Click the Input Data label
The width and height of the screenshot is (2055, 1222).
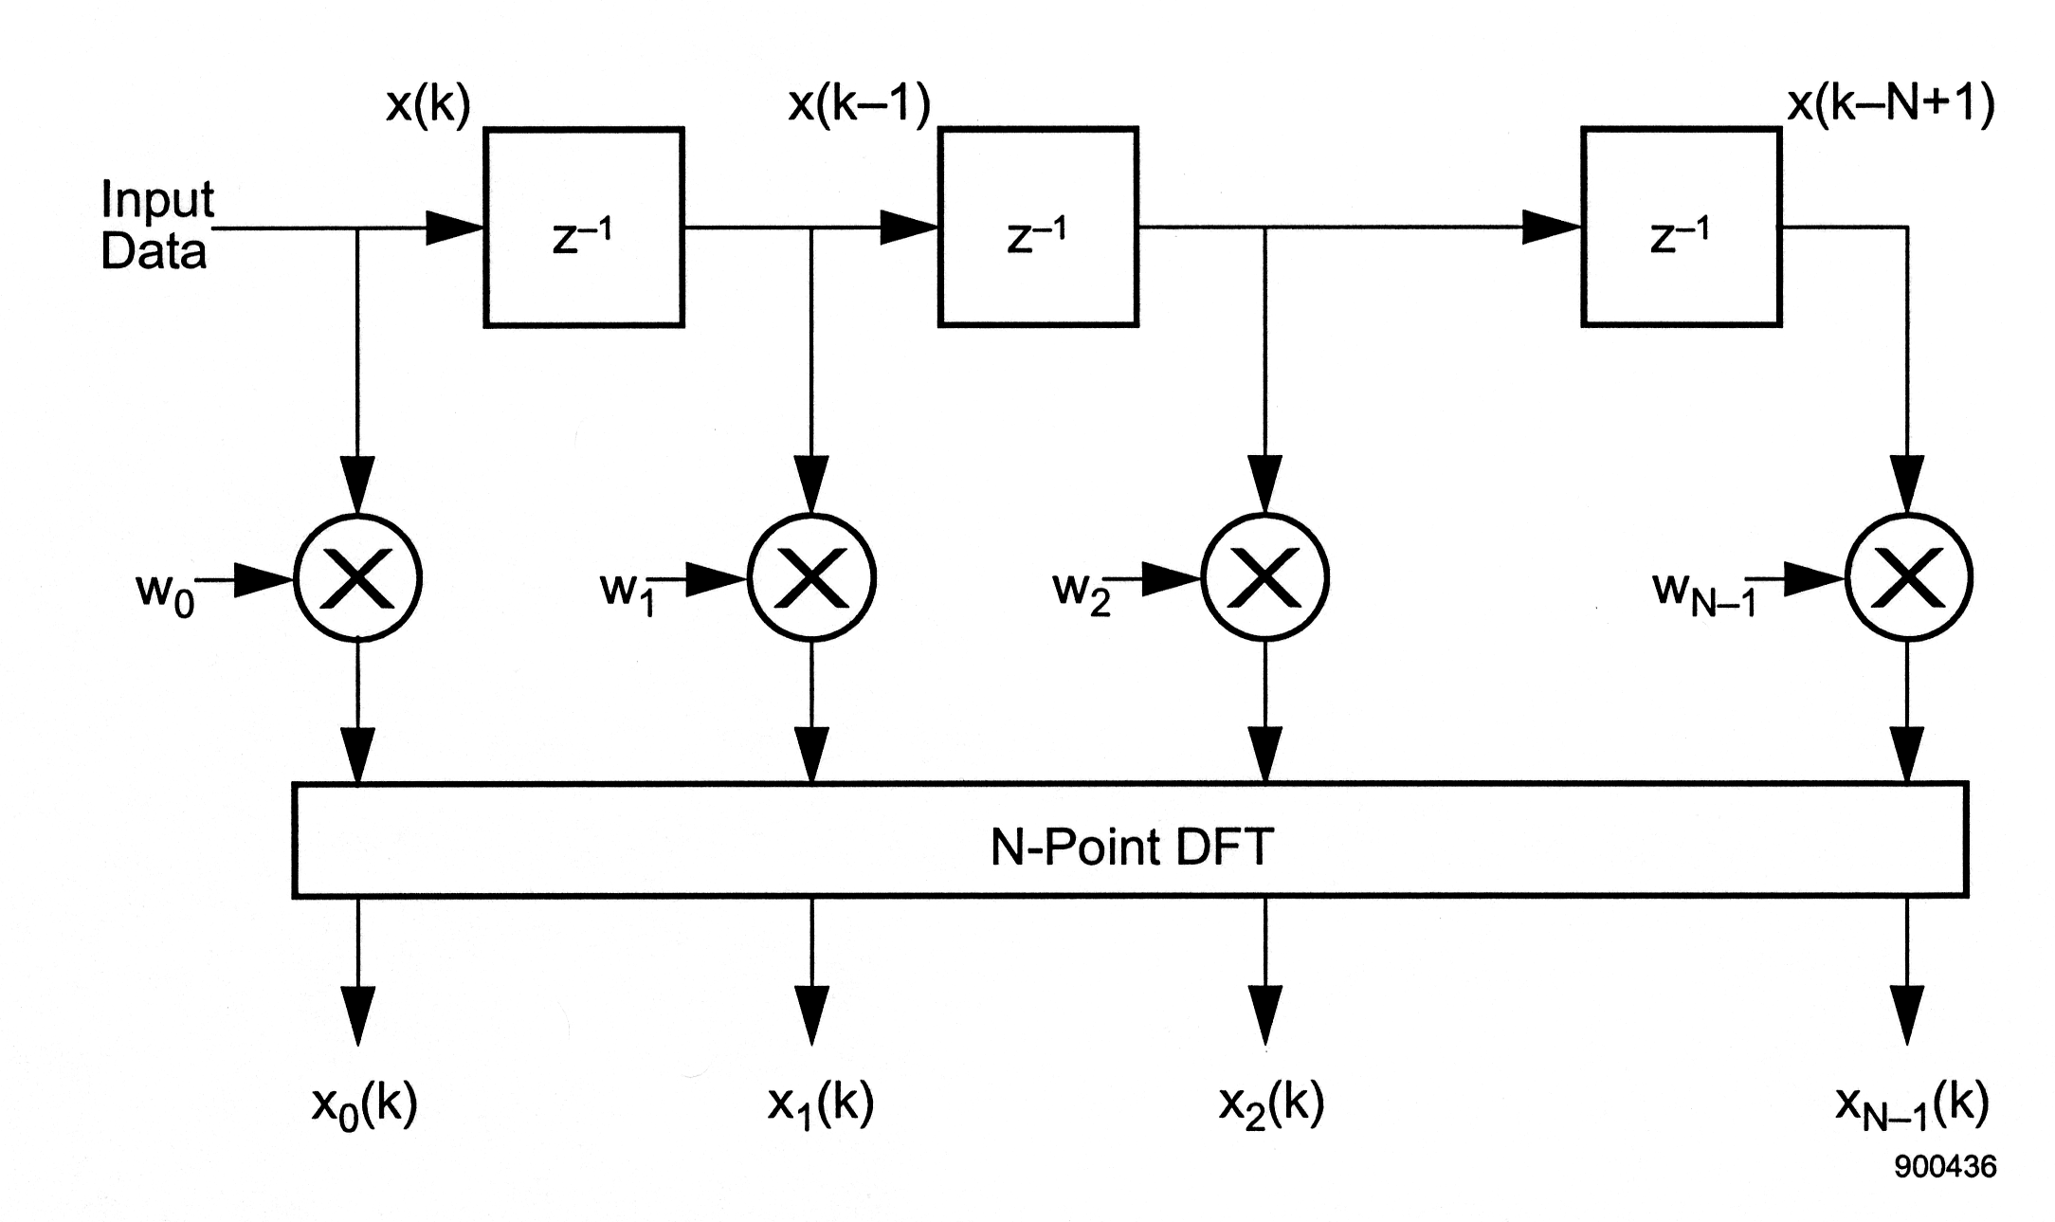[157, 226]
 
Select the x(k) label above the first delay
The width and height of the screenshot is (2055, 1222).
[428, 104]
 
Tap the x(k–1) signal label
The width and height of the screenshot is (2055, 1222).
[859, 104]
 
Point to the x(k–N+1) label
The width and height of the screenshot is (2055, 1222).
[1891, 104]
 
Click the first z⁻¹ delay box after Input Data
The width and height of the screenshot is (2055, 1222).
[584, 228]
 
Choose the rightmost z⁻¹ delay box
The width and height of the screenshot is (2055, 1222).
[1681, 228]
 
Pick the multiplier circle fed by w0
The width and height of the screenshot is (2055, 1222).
[357, 577]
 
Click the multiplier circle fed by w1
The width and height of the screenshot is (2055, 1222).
[811, 577]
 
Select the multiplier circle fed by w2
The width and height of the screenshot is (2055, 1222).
[1264, 577]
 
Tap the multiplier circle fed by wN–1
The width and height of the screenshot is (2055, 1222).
[1908, 577]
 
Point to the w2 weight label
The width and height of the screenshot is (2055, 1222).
[1081, 593]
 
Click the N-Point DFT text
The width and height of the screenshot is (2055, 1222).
[1131, 847]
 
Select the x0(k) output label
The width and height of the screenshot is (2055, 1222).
[364, 1105]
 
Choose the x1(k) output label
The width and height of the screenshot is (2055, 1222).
[820, 1105]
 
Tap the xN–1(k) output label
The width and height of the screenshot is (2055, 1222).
[1911, 1105]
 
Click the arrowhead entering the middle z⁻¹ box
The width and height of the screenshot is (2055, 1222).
[908, 228]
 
